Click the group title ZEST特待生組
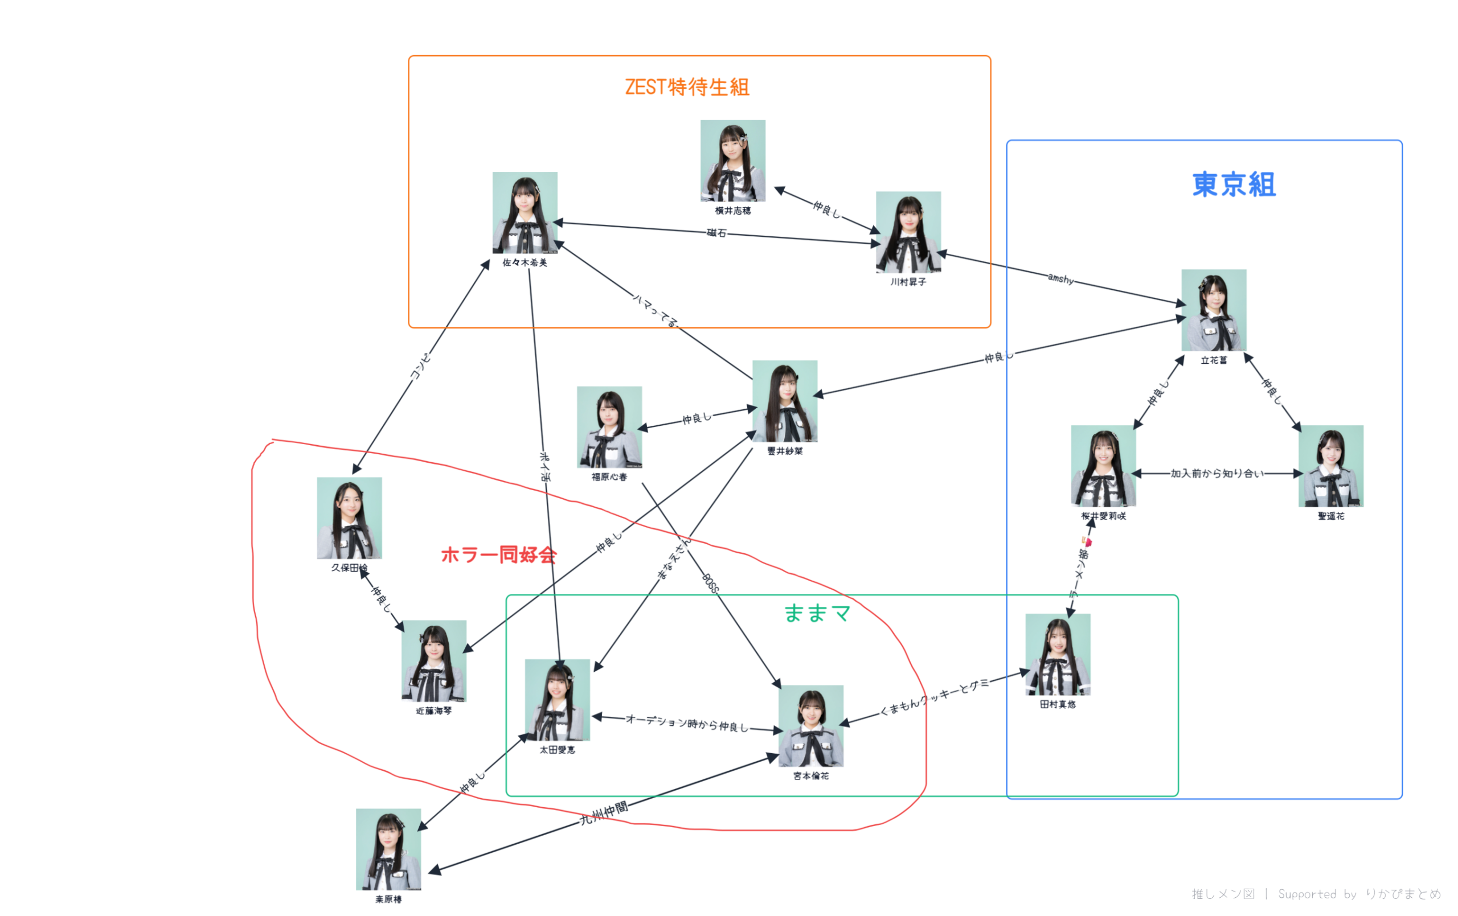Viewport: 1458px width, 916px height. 687,87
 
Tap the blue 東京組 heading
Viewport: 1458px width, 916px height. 1234,184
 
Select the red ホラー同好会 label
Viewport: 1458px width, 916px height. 498,554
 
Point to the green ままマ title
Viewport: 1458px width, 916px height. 817,613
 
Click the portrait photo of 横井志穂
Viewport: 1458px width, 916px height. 732,161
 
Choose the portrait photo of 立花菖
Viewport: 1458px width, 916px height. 1213,310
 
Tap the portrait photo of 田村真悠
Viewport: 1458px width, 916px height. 1057,655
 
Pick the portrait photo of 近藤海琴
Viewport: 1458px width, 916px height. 433,660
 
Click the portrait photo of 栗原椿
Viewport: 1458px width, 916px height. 388,849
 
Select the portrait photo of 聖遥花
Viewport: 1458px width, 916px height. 1330,466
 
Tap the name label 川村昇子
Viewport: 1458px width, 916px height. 908,282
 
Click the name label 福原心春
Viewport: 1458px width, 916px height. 609,477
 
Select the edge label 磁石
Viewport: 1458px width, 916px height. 716,232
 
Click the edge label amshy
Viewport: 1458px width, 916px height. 1060,278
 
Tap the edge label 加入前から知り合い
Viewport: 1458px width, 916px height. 1217,474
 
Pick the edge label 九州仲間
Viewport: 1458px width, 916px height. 604,813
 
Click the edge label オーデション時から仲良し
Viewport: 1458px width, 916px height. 687,723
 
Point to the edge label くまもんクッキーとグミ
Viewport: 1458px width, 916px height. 933,696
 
